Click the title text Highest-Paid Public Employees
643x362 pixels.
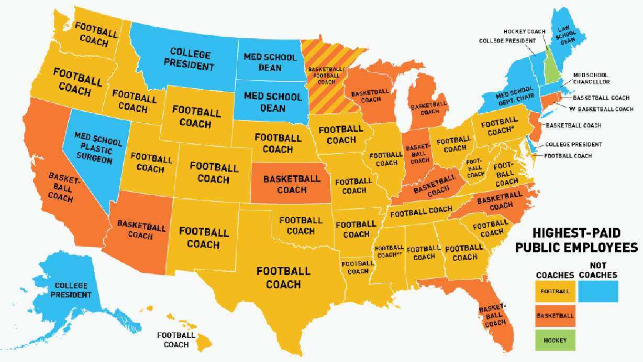click(x=576, y=240)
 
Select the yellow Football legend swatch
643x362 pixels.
click(x=555, y=291)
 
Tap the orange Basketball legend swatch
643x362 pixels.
click(x=555, y=316)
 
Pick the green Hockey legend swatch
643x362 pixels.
click(x=555, y=340)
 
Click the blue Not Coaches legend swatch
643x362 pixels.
click(x=598, y=291)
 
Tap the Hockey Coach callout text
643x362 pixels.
click(x=520, y=31)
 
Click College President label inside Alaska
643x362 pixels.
click(x=71, y=290)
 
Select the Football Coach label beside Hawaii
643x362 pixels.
click(x=176, y=340)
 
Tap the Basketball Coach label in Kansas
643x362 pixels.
click(x=291, y=184)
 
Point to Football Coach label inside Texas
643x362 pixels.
click(x=283, y=278)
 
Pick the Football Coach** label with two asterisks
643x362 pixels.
click(x=389, y=251)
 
